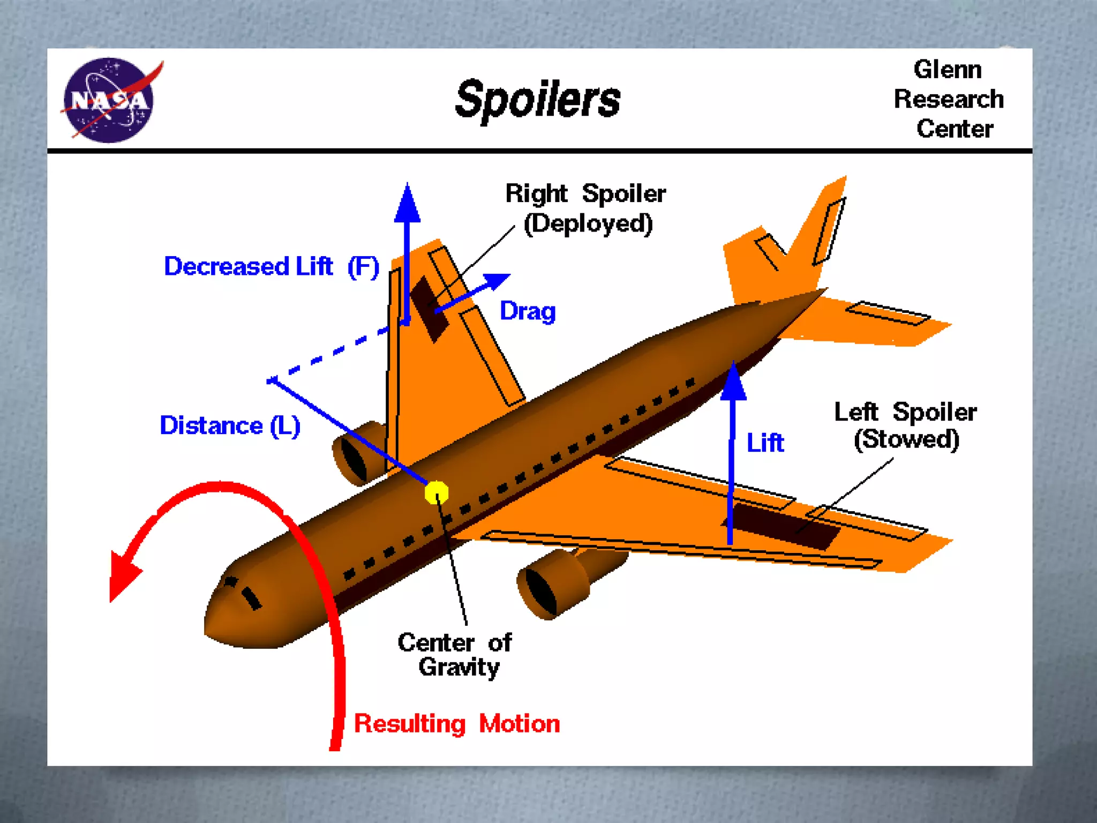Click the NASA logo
109,100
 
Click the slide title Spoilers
537,99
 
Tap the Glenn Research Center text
949,99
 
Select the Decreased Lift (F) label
272,266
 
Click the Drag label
528,311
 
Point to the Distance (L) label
230,426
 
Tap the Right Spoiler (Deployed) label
587,208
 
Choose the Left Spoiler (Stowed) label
906,426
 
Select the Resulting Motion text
457,724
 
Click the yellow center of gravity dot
437,492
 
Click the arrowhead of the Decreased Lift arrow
407,204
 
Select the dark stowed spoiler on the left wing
782,525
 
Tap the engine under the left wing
557,584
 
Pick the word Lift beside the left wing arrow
765,443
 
